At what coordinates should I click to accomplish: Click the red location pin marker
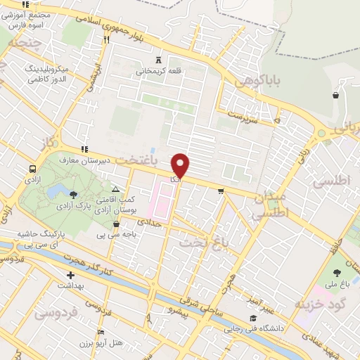point(181,166)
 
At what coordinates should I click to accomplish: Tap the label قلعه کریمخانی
point(158,70)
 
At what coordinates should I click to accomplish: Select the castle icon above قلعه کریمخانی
point(158,60)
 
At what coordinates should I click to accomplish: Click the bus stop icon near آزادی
point(32,169)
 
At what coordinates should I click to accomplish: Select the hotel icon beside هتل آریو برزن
point(101,332)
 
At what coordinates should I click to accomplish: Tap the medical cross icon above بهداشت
point(70,276)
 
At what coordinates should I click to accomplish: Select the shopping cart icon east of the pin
point(221,190)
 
